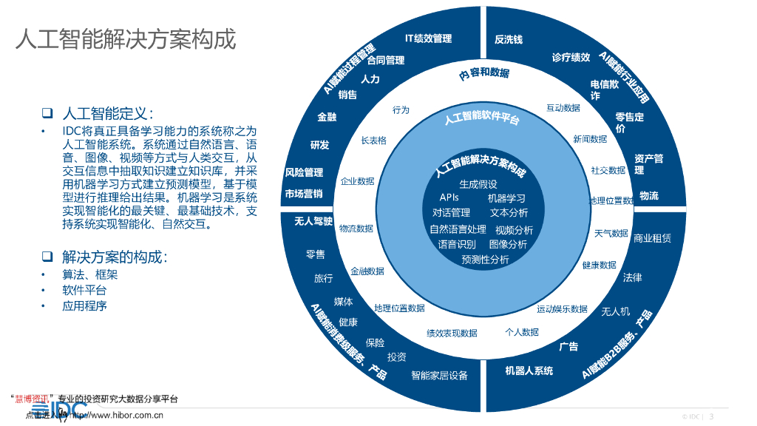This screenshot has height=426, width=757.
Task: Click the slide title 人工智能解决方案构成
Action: pos(126,38)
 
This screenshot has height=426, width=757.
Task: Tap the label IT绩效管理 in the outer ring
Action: pos(428,38)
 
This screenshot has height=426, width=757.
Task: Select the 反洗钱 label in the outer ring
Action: pos(509,39)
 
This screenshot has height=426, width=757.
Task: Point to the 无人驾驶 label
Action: pos(313,221)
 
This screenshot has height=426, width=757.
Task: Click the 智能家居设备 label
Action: pos(439,375)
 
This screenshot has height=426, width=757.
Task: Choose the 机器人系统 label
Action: pos(529,370)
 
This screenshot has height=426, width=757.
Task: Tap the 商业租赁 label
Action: pos(652,238)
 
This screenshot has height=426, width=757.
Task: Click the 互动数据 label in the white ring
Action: pos(563,108)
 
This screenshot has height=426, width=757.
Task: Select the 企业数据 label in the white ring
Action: pos(357,181)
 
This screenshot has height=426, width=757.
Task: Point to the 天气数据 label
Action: pos(611,234)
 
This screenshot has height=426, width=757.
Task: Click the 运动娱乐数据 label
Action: pos(562,309)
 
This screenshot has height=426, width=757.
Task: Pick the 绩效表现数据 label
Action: pos(452,333)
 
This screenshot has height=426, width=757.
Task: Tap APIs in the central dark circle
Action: pos(449,197)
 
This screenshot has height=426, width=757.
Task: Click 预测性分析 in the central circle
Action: pos(485,260)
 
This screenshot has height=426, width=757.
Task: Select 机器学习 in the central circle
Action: pos(506,198)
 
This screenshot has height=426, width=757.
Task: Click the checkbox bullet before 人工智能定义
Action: pos(47,114)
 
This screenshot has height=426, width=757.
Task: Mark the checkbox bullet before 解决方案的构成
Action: pos(47,257)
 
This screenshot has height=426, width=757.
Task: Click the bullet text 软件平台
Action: pos(84,290)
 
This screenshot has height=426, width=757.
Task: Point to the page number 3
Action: pos(711,416)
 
